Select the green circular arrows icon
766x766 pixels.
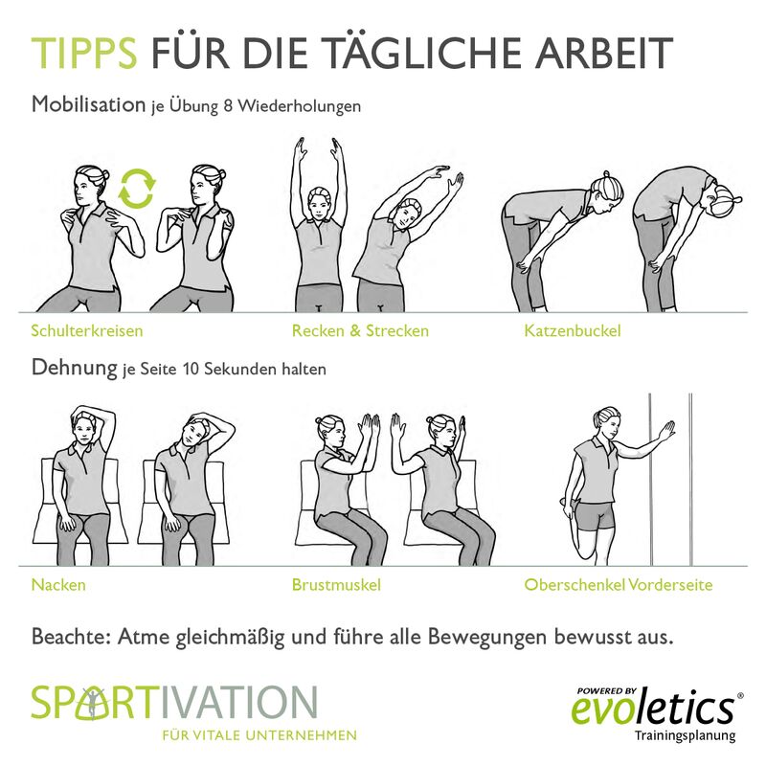tap(136, 189)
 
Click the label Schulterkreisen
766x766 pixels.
tap(87, 331)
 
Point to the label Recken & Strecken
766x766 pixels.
tap(360, 331)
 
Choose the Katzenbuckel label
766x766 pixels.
tap(573, 331)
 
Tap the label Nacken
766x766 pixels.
tap(58, 584)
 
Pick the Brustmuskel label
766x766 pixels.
tap(337, 584)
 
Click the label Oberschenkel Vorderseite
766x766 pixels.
tap(619, 584)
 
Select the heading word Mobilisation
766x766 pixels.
tap(88, 104)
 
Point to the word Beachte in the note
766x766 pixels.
tap(71, 637)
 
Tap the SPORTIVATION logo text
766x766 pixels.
tap(173, 705)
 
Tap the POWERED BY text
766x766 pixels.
tap(607, 690)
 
